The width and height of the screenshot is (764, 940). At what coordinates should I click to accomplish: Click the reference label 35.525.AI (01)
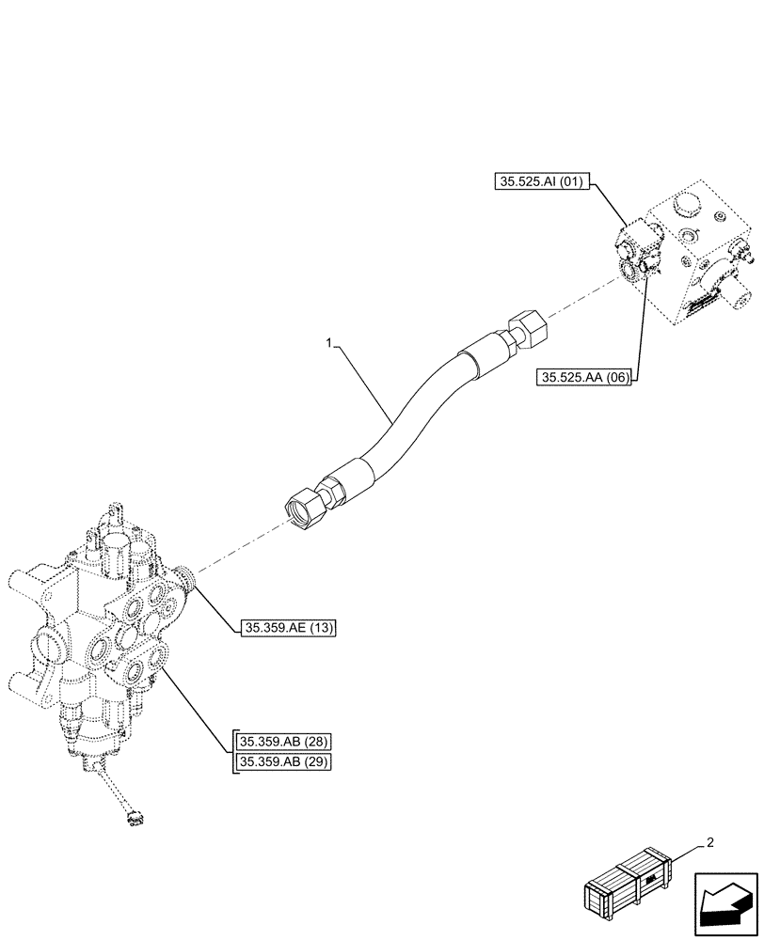click(x=540, y=181)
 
